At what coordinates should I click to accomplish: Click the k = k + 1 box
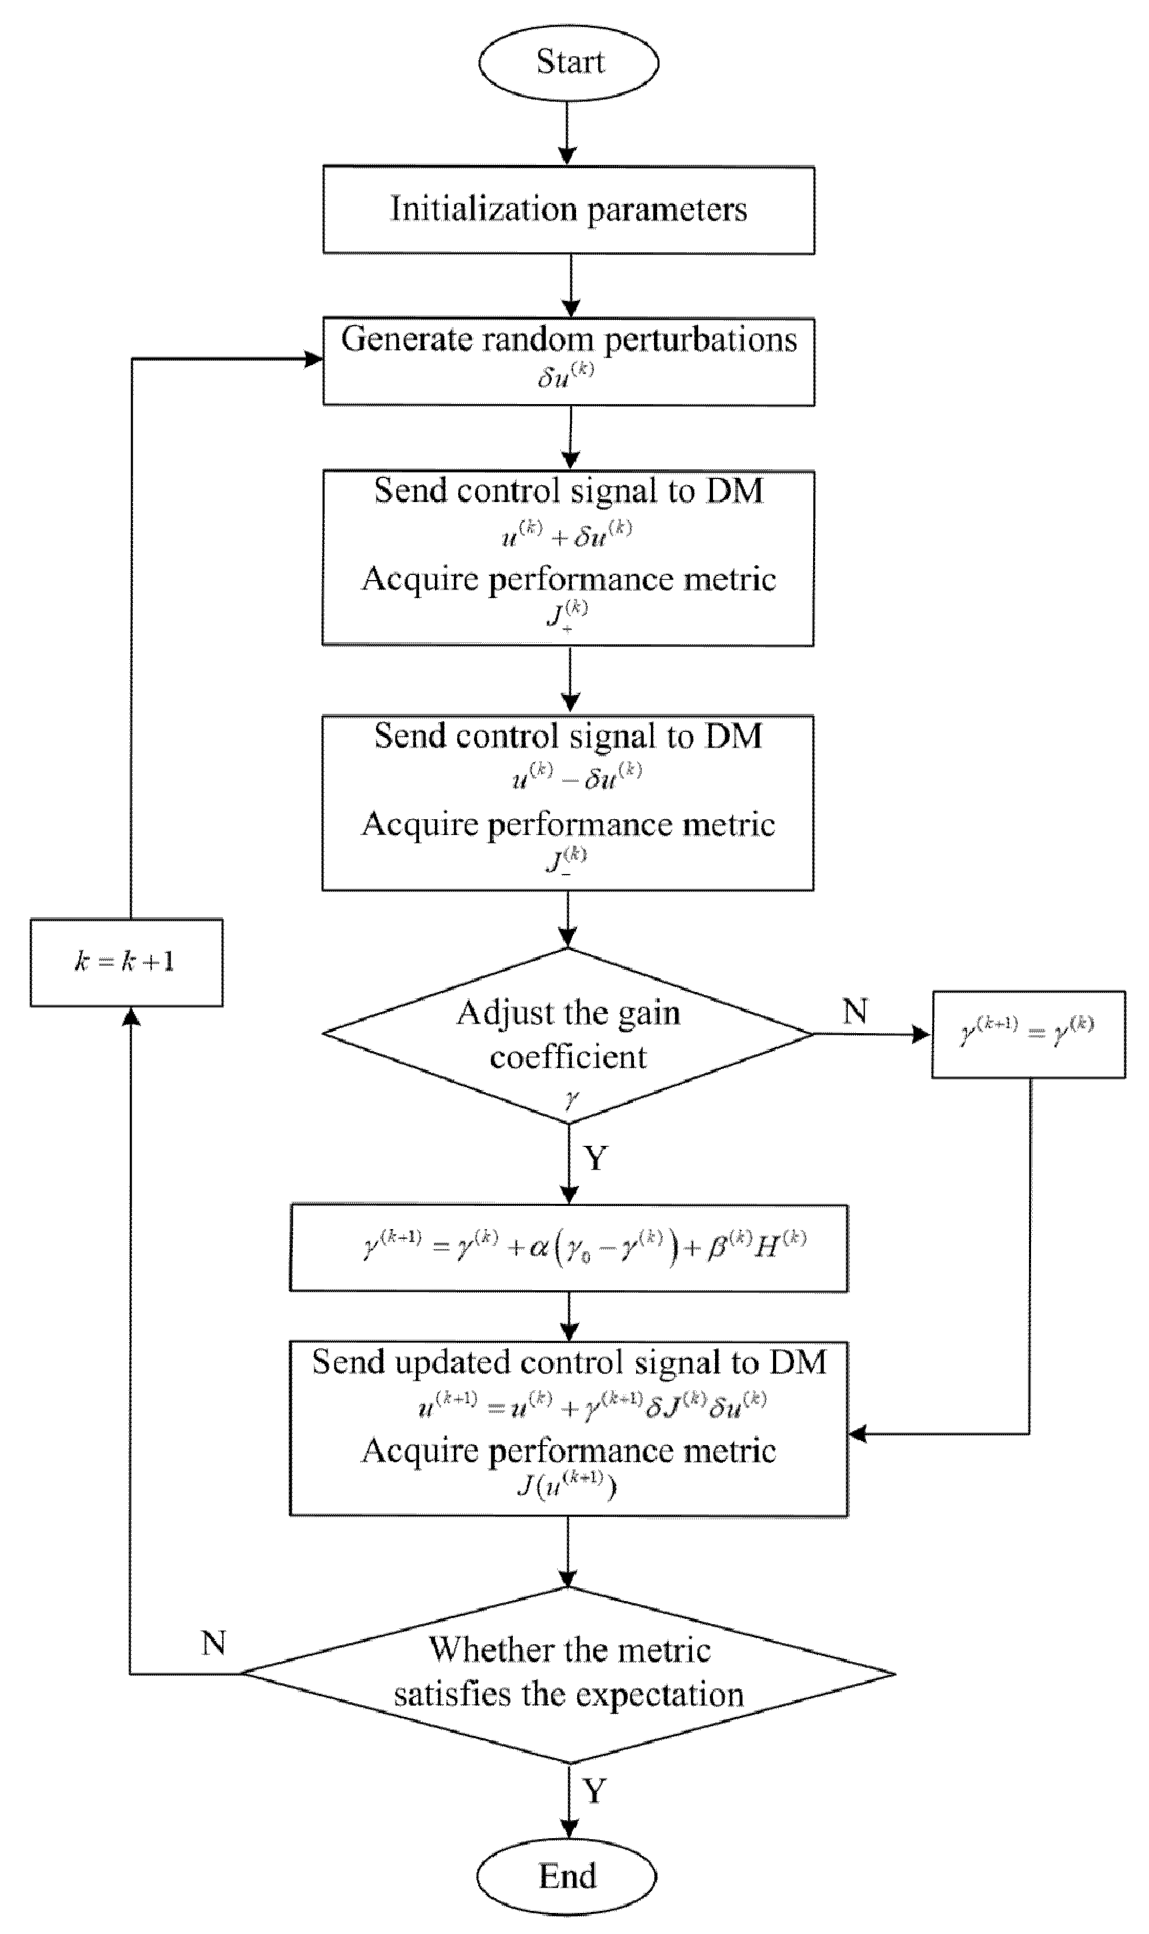[x=126, y=962]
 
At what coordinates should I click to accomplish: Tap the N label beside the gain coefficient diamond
[x=855, y=1012]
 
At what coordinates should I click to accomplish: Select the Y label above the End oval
[x=594, y=1791]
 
